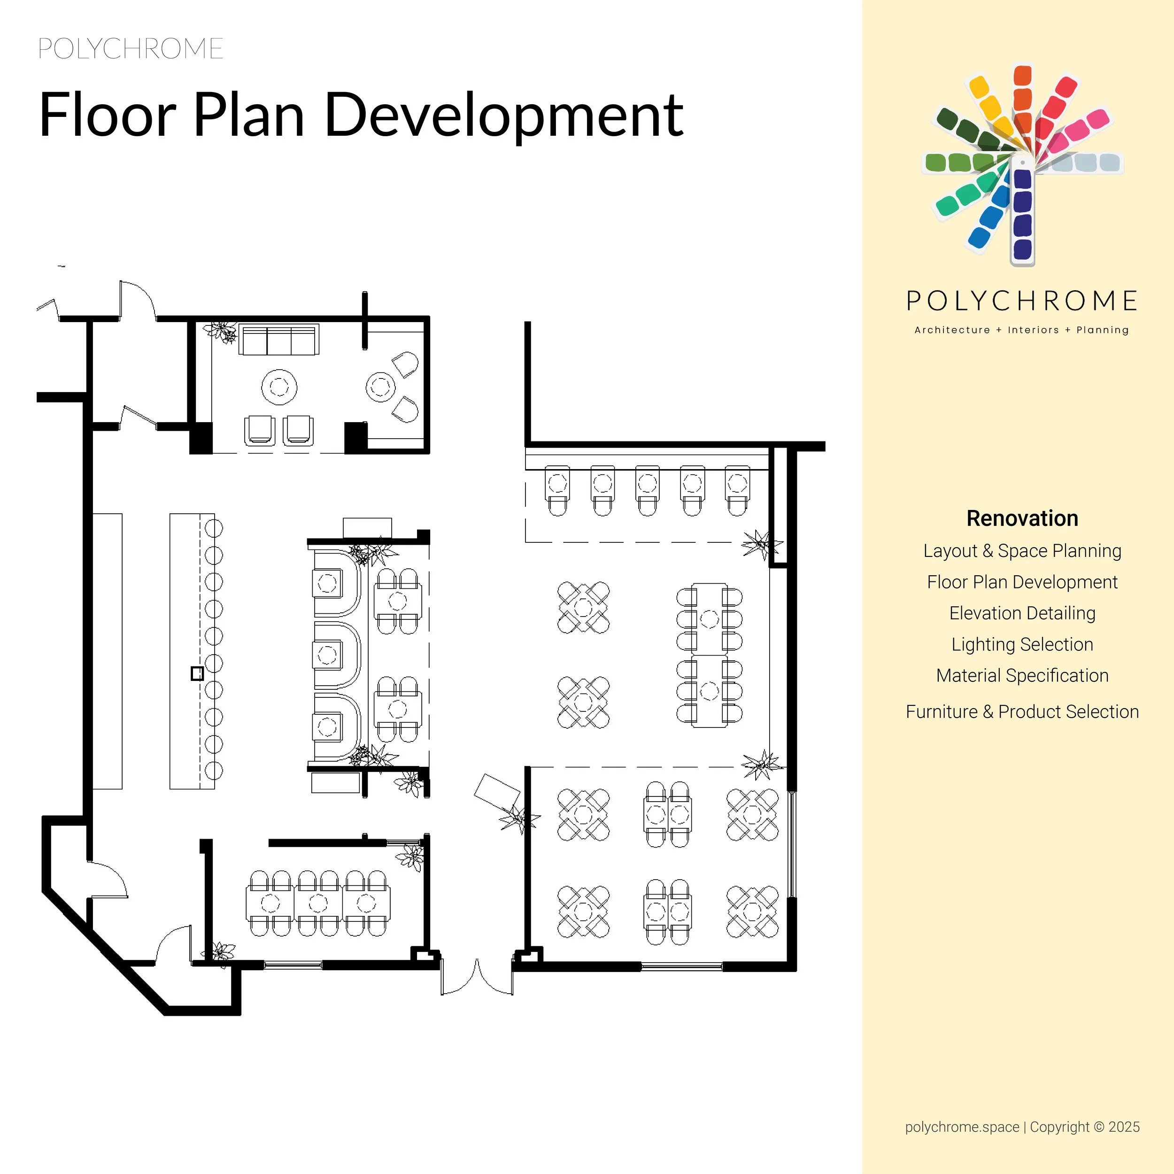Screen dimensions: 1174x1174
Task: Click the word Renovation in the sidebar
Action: tap(1022, 518)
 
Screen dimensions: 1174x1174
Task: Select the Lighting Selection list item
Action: tap(1022, 644)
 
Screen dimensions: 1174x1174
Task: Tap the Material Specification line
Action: tap(1022, 675)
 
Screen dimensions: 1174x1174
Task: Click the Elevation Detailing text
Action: tap(1022, 613)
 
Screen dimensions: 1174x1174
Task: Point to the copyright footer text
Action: tap(1022, 1127)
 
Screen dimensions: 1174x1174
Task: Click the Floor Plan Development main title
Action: tap(361, 115)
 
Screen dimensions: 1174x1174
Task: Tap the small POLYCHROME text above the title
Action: tap(131, 49)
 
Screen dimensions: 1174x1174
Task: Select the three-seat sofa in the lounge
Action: tap(279, 340)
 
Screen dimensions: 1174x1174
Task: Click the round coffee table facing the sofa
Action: tap(279, 386)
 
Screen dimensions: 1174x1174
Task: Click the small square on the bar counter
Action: tap(197, 673)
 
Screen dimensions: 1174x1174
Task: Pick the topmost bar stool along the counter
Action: tap(213, 528)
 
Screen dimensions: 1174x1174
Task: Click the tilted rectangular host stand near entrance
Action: tap(496, 791)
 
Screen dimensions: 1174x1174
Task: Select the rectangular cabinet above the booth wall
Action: tap(367, 527)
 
